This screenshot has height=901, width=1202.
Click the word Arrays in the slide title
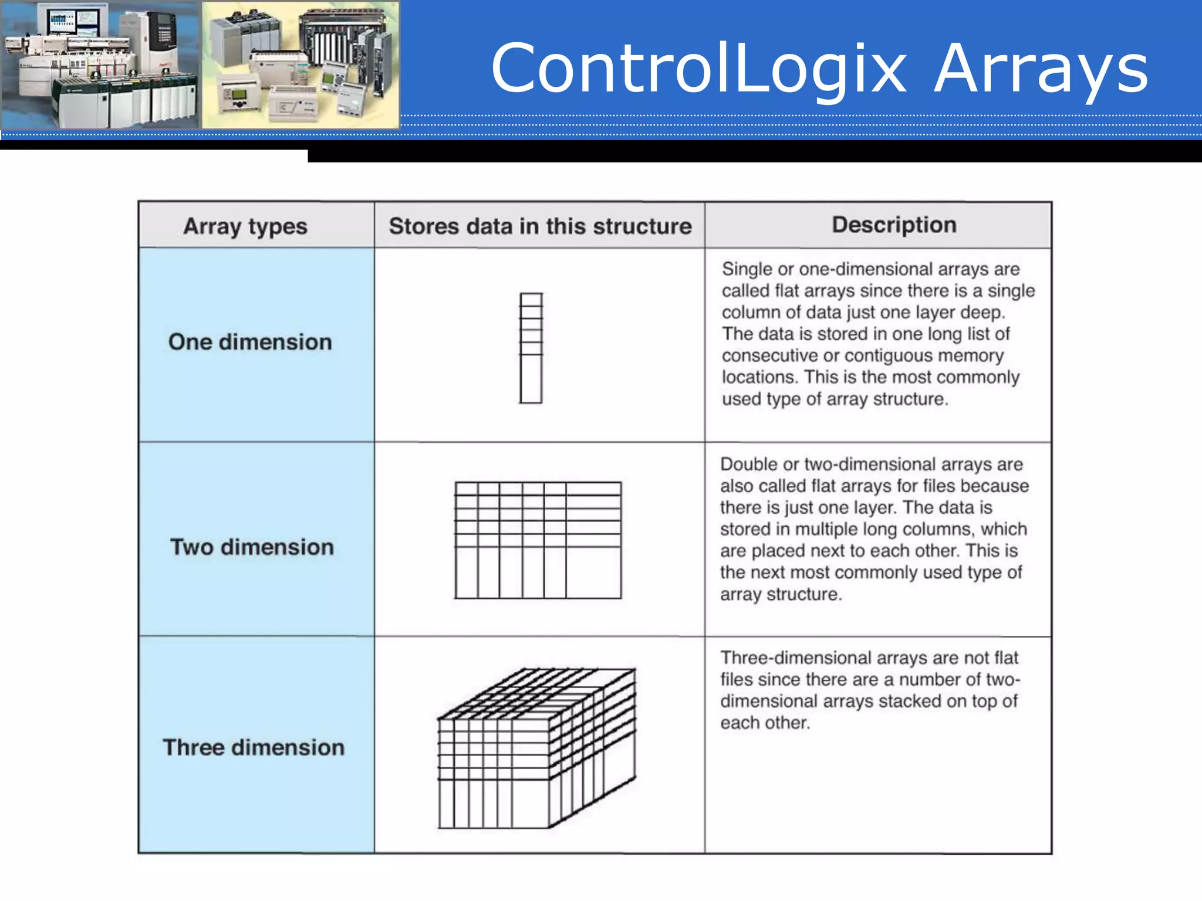coord(1041,69)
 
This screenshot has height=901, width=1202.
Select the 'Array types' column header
coord(245,226)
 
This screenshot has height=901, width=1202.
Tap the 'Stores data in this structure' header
coord(540,226)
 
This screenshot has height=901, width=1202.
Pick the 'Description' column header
coord(894,225)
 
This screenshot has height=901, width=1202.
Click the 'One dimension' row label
coord(250,342)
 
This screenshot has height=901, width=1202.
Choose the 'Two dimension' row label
coord(252,547)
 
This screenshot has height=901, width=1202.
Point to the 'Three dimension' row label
coord(254,747)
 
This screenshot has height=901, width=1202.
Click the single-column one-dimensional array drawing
coord(531,348)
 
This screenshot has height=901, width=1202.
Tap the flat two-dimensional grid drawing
coord(538,540)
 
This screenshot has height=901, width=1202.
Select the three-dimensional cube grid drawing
coord(536,748)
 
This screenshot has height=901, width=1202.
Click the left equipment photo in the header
coord(100,65)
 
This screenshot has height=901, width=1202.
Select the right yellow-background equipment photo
coord(300,65)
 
